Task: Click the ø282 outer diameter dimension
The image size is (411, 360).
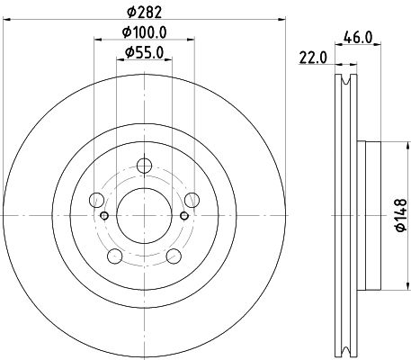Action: point(144,12)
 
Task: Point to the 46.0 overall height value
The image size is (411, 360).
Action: point(359,39)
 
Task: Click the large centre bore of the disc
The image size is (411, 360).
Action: point(144,215)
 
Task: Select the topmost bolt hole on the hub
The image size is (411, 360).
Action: point(144,166)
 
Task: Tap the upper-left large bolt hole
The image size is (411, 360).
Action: point(97,200)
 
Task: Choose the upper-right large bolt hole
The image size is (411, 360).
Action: point(192,200)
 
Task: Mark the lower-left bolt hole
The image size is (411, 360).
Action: point(115,256)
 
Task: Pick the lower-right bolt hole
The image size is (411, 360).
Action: point(174,256)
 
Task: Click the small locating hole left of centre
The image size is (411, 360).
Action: point(104,216)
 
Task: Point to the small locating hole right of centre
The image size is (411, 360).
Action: point(184,216)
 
